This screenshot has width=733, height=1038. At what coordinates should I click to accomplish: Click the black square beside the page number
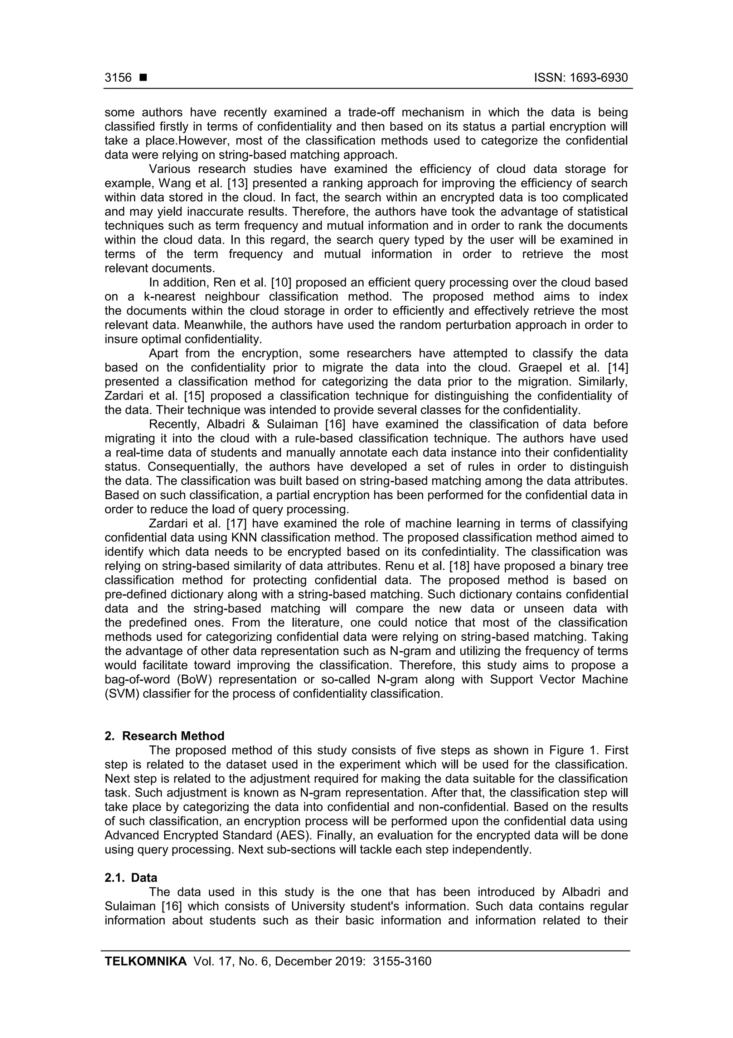144,78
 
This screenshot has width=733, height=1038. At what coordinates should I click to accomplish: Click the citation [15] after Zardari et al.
194,396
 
